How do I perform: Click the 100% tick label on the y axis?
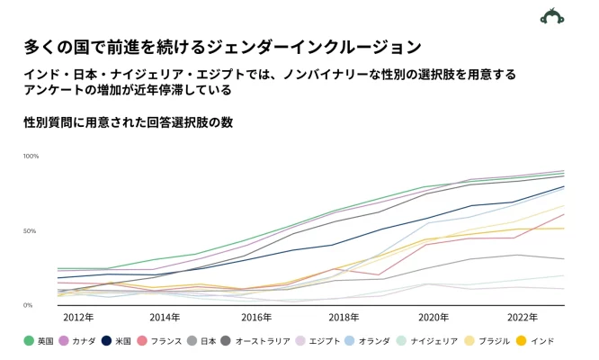point(31,157)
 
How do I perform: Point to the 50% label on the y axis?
point(31,231)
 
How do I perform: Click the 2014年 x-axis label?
point(165,318)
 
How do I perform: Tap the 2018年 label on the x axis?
point(344,318)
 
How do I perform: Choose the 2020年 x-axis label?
point(433,318)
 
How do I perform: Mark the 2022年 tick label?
point(522,318)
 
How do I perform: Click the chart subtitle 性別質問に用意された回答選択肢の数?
point(129,122)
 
